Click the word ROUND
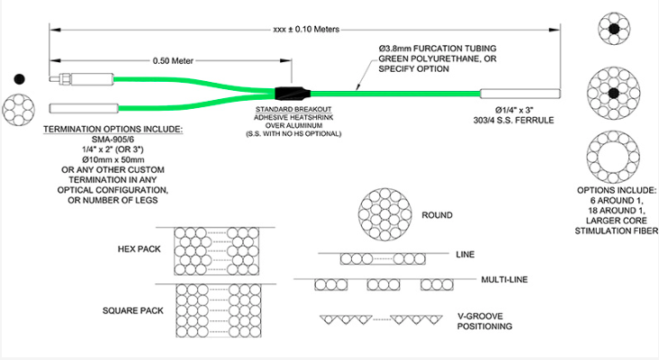[437, 216]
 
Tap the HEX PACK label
[139, 249]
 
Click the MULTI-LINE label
[503, 281]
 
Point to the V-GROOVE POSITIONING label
[485, 319]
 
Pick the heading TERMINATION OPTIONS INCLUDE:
[113, 130]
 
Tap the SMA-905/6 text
[113, 139]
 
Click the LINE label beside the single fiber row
[465, 255]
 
